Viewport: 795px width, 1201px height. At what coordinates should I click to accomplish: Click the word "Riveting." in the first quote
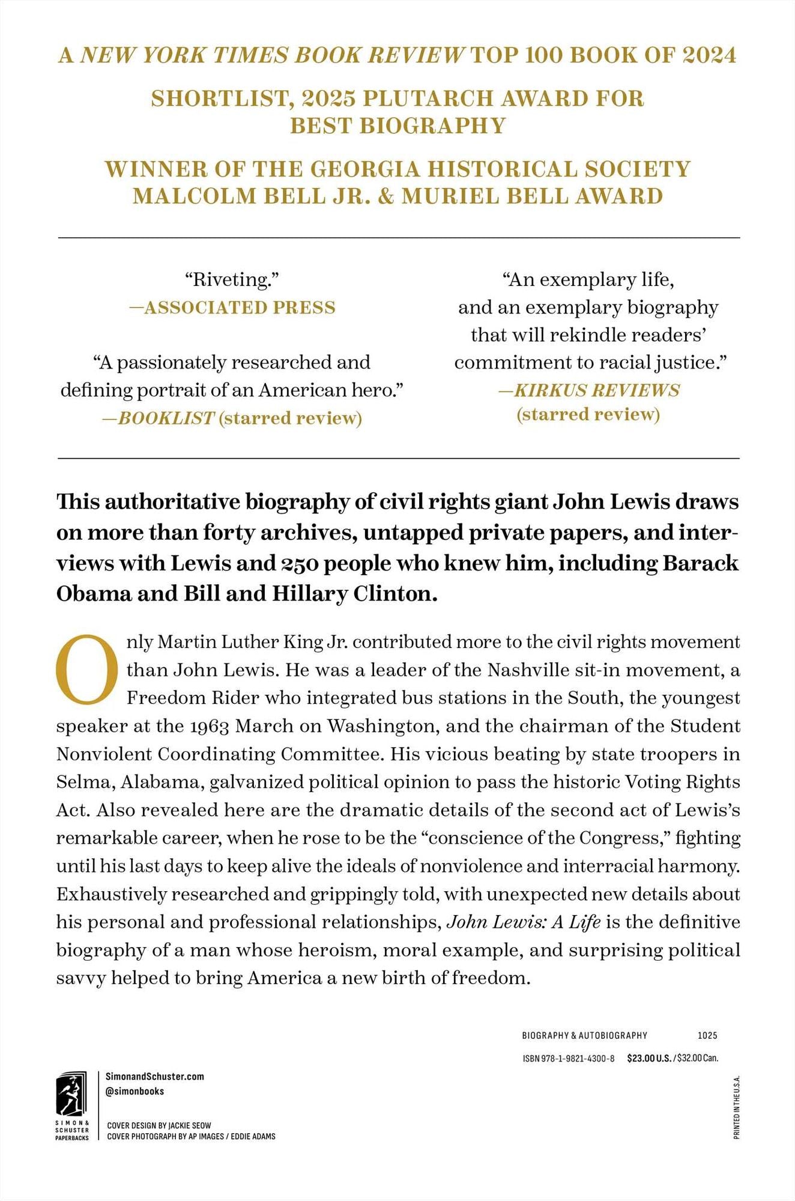[232, 280]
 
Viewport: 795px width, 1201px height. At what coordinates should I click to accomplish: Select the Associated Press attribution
[232, 307]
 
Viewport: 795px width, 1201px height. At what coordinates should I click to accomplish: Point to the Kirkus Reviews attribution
[588, 390]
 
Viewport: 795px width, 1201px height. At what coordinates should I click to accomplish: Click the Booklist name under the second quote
[165, 418]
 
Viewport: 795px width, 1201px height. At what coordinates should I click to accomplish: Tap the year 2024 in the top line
[709, 55]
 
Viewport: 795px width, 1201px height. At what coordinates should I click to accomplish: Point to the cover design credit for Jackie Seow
[159, 1125]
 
